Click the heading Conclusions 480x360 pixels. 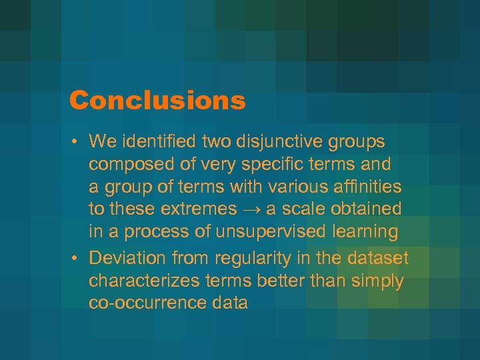click(x=157, y=101)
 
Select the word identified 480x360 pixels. click(x=154, y=141)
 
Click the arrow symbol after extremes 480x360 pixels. click(x=251, y=209)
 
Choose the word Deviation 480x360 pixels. click(x=125, y=258)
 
